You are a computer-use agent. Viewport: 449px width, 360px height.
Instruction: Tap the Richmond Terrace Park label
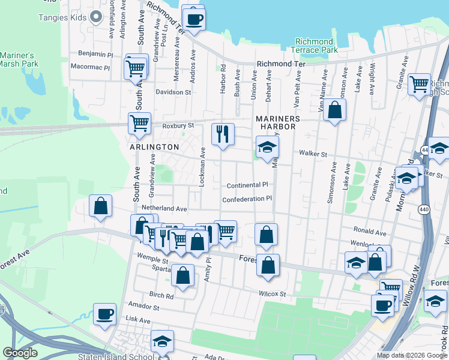(314, 46)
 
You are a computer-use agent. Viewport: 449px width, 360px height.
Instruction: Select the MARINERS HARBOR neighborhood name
(276, 122)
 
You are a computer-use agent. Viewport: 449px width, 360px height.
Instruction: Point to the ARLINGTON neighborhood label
(154, 146)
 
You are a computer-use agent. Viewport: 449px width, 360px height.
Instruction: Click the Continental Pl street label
(247, 185)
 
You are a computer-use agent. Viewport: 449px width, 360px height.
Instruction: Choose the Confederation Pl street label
(247, 199)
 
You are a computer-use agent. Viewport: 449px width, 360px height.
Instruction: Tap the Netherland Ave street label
(164, 209)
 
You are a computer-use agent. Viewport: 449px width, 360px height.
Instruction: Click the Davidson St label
(173, 92)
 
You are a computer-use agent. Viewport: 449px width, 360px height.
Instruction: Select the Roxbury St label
(179, 126)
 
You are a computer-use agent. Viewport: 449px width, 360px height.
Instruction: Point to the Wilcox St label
(273, 294)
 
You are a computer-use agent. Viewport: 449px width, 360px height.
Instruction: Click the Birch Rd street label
(161, 295)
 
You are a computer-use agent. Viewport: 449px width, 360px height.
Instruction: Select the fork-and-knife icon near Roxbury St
(223, 136)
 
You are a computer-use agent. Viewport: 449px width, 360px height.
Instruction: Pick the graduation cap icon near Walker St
(267, 148)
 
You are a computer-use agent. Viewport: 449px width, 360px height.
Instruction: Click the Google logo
(20, 353)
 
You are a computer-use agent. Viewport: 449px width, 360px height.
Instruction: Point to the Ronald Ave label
(370, 231)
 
